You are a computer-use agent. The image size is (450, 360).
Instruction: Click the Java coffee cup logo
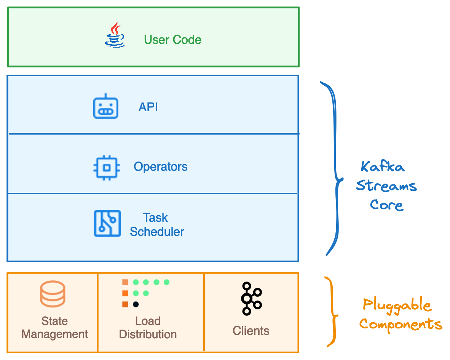(115, 35)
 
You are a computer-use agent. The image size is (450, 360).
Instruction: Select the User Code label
(172, 40)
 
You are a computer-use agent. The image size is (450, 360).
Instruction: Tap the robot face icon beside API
(106, 106)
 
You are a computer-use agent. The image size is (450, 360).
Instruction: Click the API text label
(148, 107)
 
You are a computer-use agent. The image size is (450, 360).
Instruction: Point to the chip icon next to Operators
(107, 167)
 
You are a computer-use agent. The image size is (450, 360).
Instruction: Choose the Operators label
(160, 167)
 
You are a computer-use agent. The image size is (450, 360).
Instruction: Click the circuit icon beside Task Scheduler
(107, 223)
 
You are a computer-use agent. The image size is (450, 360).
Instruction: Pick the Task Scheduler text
(157, 225)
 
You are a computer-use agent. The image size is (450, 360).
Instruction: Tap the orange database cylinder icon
(53, 294)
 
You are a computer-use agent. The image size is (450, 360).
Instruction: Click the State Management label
(54, 328)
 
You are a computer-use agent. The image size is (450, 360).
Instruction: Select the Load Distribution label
(148, 328)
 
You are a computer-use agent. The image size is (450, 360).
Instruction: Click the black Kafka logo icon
(251, 298)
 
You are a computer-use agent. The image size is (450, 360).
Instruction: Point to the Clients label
(251, 331)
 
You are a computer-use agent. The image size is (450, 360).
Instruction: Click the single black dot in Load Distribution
(136, 304)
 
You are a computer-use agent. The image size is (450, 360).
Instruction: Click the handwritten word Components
(401, 325)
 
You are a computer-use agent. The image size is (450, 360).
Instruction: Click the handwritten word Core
(386, 205)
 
